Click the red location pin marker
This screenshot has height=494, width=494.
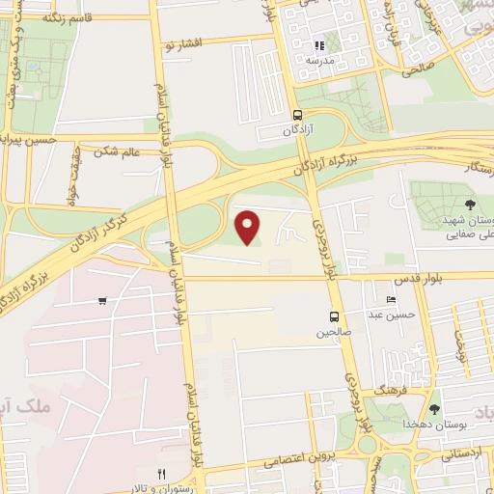[249, 228]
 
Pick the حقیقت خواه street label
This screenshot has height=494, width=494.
[72, 178]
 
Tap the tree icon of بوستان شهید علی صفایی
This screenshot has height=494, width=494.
[469, 204]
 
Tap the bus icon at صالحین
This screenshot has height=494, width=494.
[334, 316]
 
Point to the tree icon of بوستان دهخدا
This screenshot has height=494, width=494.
[434, 409]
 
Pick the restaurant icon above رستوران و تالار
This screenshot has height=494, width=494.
[162, 474]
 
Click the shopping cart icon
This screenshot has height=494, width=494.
[102, 301]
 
